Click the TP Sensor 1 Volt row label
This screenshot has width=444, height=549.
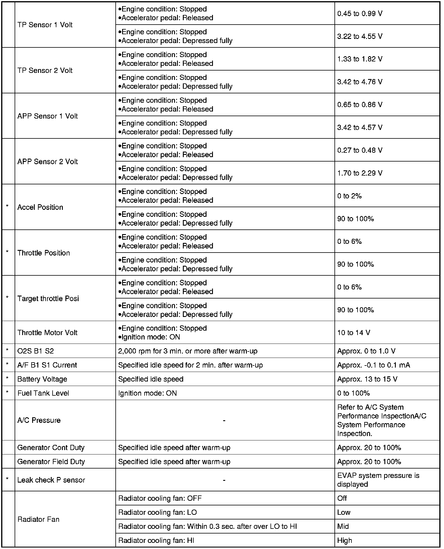(45, 25)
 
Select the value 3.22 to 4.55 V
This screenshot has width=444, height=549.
(360, 36)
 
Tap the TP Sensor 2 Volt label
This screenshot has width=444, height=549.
(45, 71)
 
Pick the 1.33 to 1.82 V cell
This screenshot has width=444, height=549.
(360, 59)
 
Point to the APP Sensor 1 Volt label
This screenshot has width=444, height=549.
(48, 116)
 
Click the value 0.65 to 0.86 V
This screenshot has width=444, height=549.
(360, 105)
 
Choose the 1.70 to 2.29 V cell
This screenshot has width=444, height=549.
(360, 173)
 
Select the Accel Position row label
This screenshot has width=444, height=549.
(40, 207)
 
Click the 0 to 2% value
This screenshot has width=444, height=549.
(349, 196)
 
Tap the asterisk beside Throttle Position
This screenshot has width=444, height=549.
(7, 252)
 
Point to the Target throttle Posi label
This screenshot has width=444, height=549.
(48, 298)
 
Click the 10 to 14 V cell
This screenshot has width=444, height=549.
(353, 333)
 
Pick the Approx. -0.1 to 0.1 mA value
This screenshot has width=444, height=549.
(374, 365)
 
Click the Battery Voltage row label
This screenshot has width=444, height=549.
(42, 379)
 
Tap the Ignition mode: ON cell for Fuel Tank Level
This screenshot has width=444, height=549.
(148, 393)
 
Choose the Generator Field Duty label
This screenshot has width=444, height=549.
(51, 462)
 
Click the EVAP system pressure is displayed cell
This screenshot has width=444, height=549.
(378, 480)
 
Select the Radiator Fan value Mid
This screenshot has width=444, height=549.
(343, 526)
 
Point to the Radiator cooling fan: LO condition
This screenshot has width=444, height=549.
(157, 512)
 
